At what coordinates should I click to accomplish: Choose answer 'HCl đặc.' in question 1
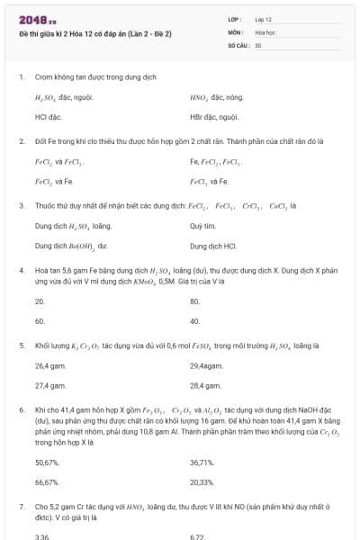47,116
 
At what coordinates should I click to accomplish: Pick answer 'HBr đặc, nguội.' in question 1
213,116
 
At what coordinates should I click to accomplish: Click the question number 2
22,141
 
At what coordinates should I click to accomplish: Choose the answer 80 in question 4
195,301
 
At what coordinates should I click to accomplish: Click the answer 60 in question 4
40,320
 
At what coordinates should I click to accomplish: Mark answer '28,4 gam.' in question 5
206,385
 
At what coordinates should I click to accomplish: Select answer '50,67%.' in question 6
47,462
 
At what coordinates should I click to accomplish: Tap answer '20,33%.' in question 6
202,481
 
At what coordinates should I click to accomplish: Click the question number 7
22,508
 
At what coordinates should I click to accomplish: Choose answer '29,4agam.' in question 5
208,366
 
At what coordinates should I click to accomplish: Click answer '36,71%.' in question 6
202,462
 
